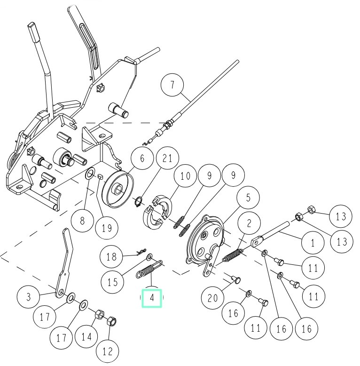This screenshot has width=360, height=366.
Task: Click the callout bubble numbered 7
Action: click(x=172, y=86)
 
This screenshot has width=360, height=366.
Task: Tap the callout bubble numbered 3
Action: click(x=29, y=297)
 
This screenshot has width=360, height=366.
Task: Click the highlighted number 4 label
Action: click(x=152, y=298)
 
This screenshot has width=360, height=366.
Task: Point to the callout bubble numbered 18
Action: click(x=111, y=256)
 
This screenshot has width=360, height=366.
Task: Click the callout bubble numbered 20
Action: click(x=213, y=298)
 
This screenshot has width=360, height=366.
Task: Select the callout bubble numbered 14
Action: click(x=86, y=337)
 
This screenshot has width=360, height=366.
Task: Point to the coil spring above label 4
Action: click(x=149, y=272)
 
